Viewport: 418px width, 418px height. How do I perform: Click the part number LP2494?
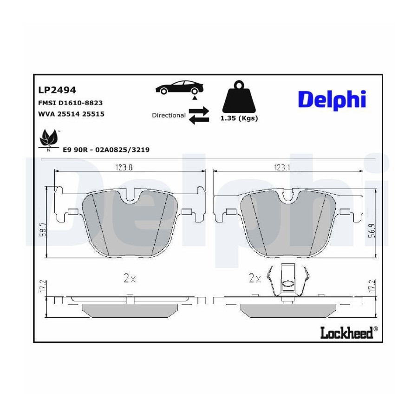[x=57, y=90]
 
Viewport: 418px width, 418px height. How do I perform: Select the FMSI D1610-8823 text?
[x=71, y=103]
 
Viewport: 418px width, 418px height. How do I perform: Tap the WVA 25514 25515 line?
[x=71, y=114]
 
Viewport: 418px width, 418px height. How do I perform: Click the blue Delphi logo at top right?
[x=332, y=100]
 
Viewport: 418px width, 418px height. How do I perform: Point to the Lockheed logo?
[x=349, y=333]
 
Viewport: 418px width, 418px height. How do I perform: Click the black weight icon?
[x=239, y=96]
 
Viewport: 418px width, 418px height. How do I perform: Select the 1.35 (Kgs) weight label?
[x=239, y=118]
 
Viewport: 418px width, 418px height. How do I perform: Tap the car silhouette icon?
[x=179, y=87]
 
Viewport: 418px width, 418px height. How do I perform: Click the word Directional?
[x=169, y=116]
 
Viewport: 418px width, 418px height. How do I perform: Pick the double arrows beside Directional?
[x=199, y=115]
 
